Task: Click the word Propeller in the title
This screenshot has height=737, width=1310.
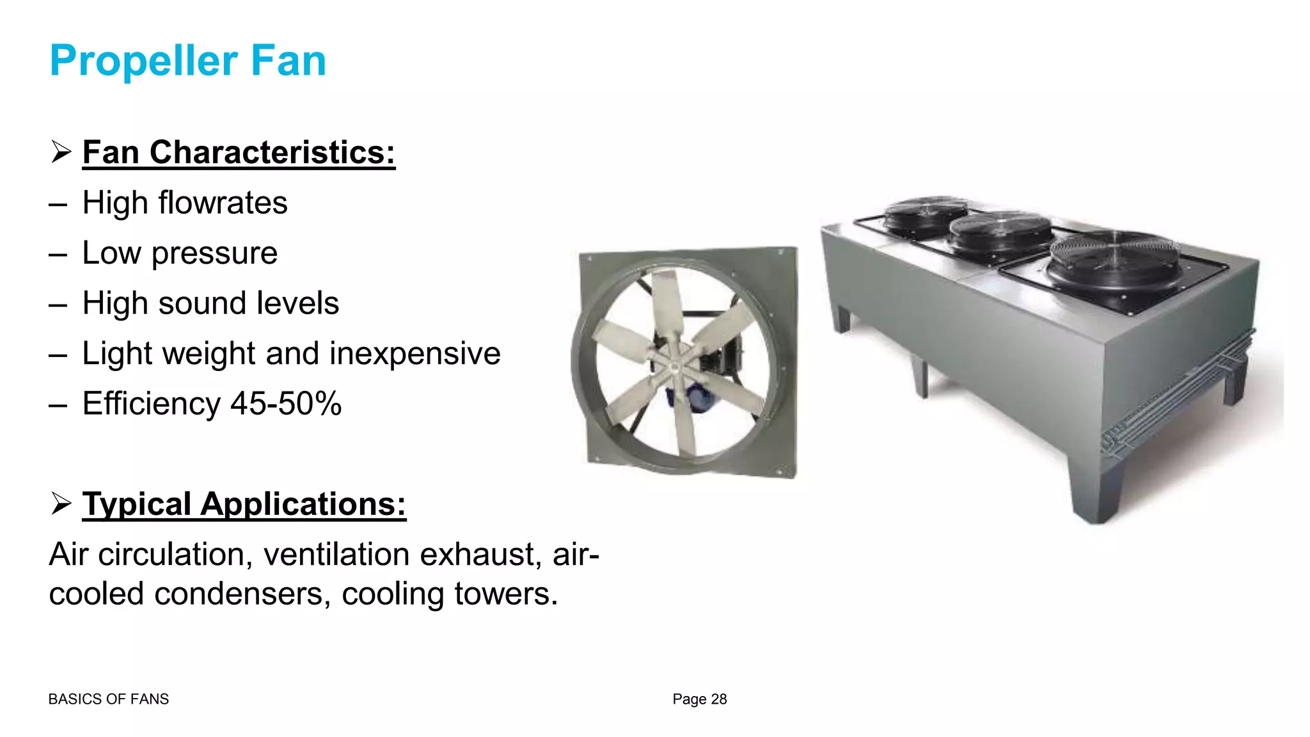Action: point(143,61)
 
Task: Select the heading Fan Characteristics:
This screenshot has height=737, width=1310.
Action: point(239,152)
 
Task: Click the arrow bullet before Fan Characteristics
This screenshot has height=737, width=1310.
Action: point(61,152)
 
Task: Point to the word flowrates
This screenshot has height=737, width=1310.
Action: point(223,203)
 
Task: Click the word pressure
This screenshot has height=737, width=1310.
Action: point(214,253)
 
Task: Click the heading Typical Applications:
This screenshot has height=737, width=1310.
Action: point(244,504)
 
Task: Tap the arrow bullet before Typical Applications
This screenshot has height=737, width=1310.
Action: point(61,504)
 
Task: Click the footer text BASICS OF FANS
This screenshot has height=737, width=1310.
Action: point(109,699)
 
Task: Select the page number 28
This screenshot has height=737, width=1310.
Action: point(719,699)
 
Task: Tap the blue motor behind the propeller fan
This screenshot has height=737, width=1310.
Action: point(678,398)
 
